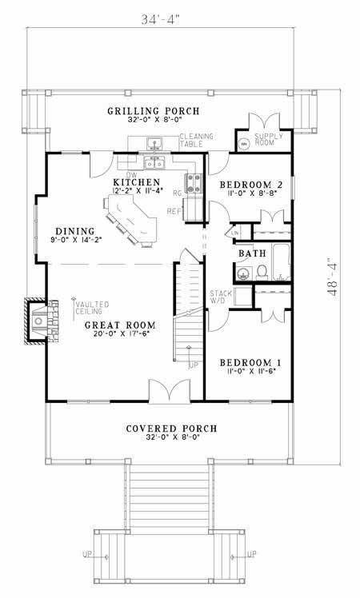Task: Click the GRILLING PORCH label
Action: pos(153,110)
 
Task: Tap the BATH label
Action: pos(252,254)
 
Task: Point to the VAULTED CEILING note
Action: pos(88,308)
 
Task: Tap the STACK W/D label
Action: pos(220,297)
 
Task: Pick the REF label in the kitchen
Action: pos(171,211)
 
